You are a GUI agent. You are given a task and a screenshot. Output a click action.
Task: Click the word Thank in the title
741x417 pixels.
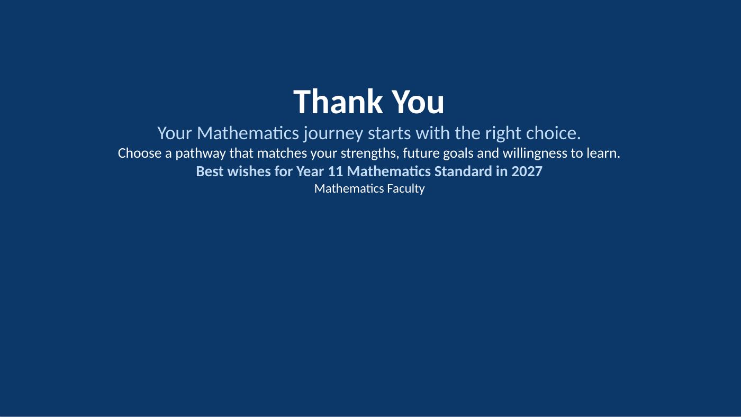click(x=338, y=102)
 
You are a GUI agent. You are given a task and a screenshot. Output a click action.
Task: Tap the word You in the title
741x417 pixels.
click(x=418, y=102)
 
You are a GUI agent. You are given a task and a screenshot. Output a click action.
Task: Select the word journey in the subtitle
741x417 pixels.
click(x=333, y=133)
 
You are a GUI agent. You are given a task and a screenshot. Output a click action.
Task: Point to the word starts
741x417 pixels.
click(x=389, y=133)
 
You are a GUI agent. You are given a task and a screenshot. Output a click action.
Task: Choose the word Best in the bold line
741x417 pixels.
click(x=210, y=171)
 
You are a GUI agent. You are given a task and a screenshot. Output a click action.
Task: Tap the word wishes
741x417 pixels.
click(x=249, y=171)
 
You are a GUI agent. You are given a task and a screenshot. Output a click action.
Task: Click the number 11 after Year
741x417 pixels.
click(x=336, y=171)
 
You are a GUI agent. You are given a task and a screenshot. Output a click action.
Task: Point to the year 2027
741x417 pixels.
click(x=527, y=171)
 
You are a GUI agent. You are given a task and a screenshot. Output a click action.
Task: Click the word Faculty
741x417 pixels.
click(x=406, y=189)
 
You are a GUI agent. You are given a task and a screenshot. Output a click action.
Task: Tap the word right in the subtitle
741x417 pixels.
click(x=503, y=133)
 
